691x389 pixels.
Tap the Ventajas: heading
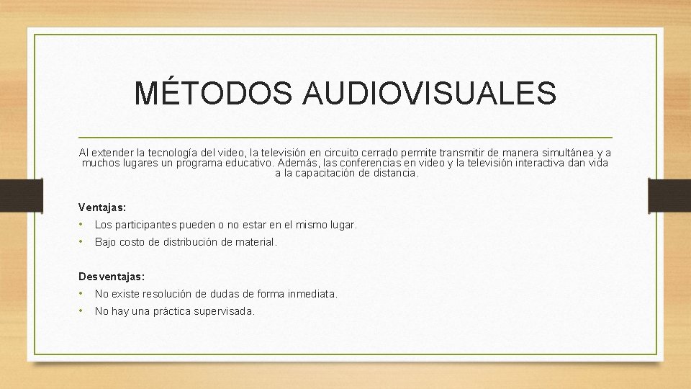pyautogui.click(x=102, y=207)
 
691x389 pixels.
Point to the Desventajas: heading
pyautogui.click(x=112, y=276)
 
